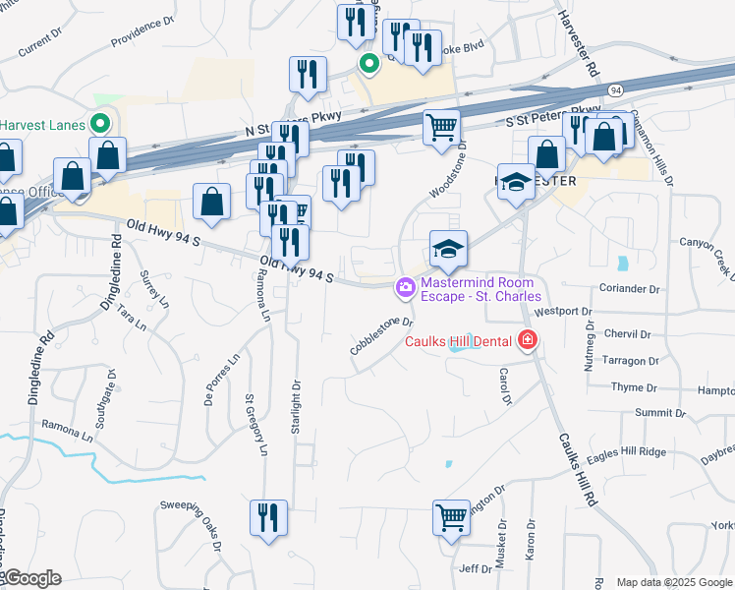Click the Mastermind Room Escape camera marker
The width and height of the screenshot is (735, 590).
tap(404, 287)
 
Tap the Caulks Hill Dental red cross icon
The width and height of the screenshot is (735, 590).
tap(528, 341)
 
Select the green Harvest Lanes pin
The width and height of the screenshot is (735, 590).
tap(99, 125)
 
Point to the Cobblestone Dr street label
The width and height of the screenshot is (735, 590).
tap(380, 335)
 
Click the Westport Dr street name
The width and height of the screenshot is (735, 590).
tap(562, 312)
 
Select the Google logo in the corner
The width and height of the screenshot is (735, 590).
tap(31, 578)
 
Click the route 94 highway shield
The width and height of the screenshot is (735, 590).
tap(615, 90)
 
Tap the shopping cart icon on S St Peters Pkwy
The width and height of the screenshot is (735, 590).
tap(441, 126)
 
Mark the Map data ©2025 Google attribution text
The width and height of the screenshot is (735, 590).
tap(674, 582)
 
